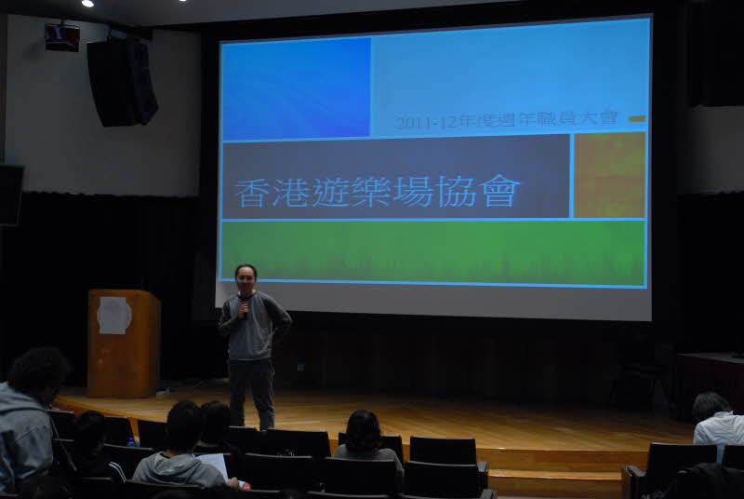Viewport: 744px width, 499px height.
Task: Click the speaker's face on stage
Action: point(246,279)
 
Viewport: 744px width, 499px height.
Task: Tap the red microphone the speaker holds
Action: point(245,307)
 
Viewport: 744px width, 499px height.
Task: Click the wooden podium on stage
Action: point(124,343)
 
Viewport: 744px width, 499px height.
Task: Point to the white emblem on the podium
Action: point(113,316)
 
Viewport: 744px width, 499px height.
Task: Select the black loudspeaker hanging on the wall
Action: point(122,82)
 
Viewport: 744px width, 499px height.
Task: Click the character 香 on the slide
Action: point(251,194)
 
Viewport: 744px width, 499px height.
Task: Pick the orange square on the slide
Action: point(610,175)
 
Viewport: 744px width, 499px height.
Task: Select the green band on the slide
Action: point(433,252)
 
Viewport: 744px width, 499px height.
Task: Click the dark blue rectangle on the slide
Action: point(296,88)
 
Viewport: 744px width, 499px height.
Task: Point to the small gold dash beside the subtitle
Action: point(638,118)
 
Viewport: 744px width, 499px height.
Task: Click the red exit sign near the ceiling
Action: point(62,37)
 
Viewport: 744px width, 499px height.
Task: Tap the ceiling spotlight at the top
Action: point(87,3)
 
